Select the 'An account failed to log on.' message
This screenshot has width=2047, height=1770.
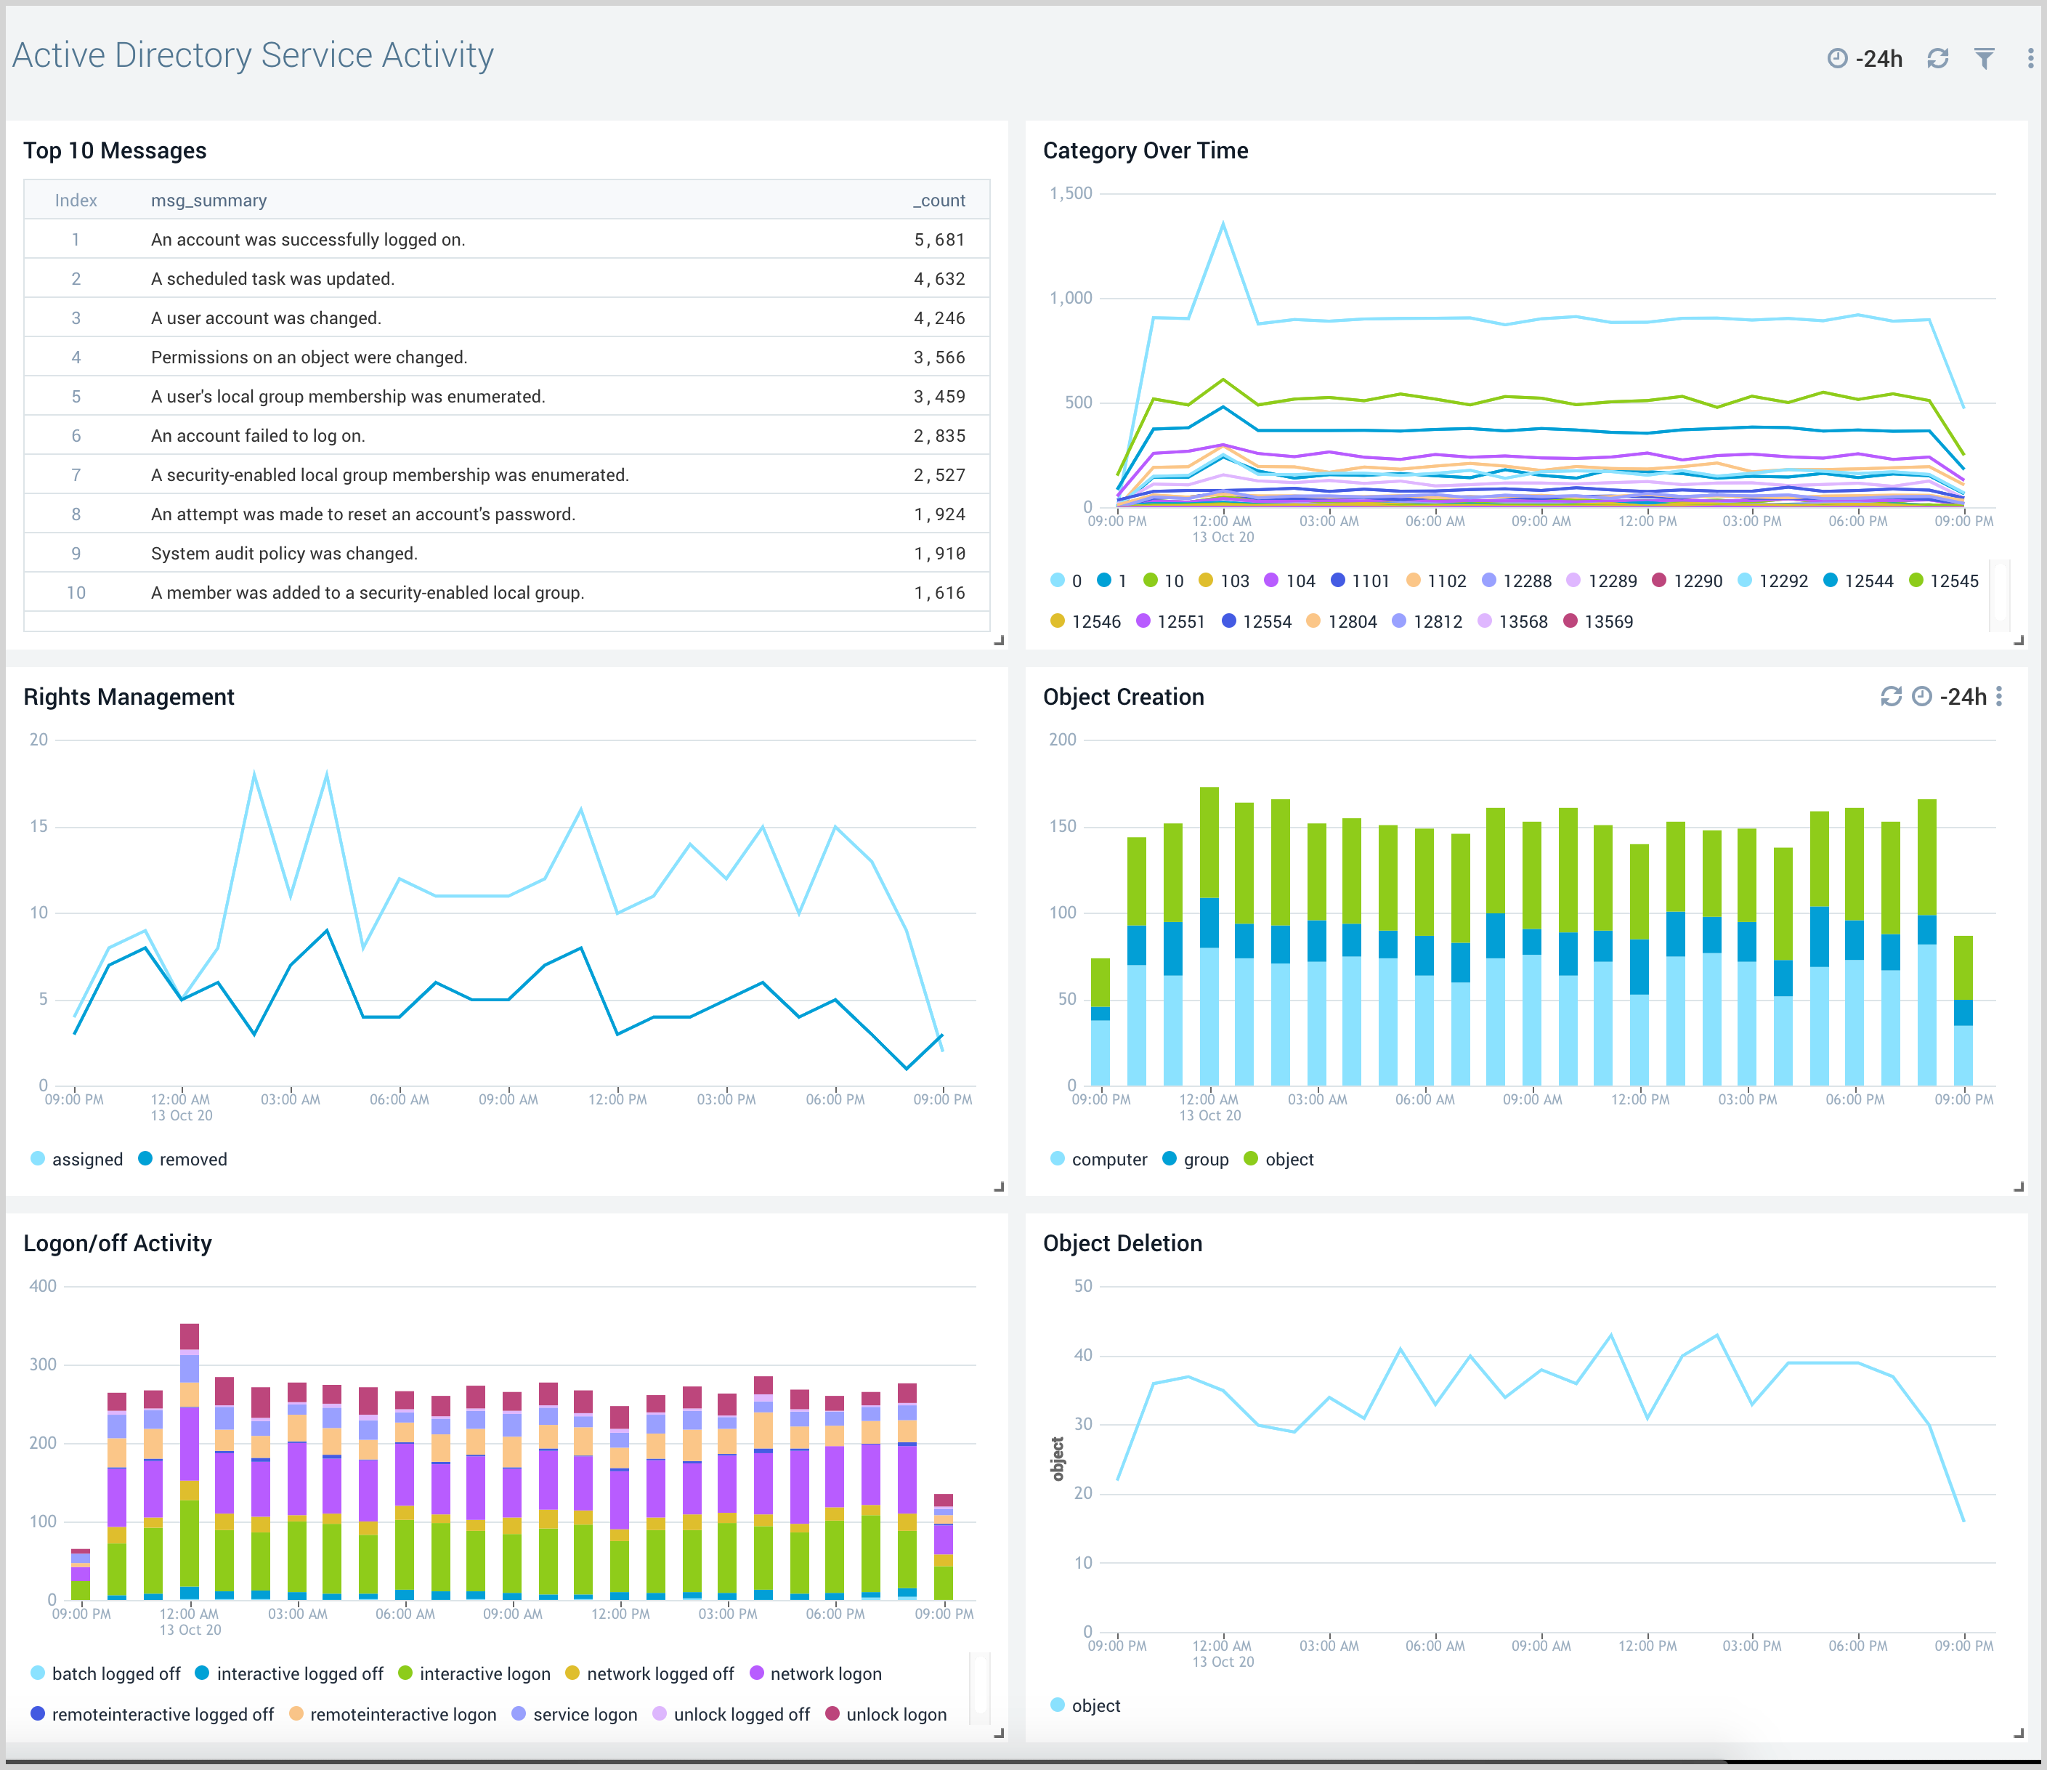258,436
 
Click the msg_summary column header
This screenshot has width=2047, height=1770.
208,201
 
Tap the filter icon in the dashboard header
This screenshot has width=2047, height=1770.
1984,58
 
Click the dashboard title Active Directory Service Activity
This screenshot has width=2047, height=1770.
253,55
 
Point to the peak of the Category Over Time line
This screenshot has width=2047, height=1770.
1223,225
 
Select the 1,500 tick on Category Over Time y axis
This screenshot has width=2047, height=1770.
1071,194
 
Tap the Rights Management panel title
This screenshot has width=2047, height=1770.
129,697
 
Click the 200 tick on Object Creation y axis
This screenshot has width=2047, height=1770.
1063,740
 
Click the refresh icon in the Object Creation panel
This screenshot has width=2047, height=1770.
1891,697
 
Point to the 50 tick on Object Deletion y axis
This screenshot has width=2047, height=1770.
1083,1287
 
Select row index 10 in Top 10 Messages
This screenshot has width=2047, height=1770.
76,593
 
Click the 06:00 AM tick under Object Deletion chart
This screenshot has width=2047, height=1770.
1435,1646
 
